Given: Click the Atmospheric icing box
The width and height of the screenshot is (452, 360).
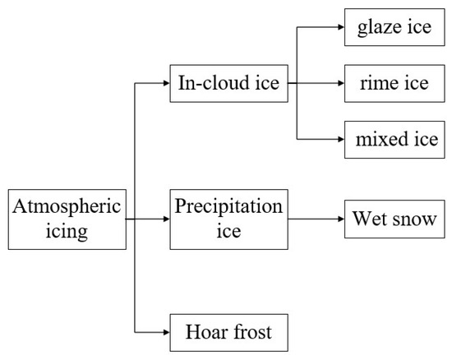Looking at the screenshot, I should (x=65, y=219).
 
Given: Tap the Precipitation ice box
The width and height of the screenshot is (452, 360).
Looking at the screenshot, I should (x=228, y=219).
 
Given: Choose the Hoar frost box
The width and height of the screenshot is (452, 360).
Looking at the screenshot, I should (x=228, y=333).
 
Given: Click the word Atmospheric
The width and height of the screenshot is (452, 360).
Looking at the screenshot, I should (x=66, y=206).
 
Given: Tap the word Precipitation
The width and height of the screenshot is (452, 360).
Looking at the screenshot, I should (x=228, y=206).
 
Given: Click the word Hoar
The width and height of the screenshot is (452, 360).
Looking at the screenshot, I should (x=204, y=333).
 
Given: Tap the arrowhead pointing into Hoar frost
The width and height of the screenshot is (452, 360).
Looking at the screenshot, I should (x=166, y=333).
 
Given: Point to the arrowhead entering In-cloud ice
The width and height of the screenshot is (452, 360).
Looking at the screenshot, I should (x=166, y=82).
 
